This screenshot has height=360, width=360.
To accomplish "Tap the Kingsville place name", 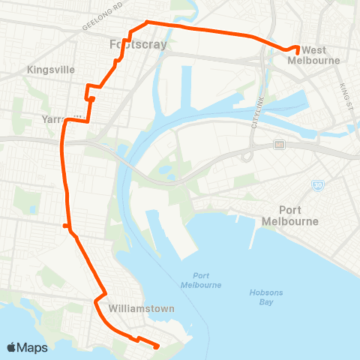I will pyautogui.click(x=51, y=69).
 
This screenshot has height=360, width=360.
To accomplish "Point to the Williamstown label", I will pyautogui.click(x=141, y=308).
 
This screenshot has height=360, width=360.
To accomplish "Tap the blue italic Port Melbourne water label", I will pyautogui.click(x=201, y=280).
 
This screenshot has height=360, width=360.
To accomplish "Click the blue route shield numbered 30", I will pyautogui.click(x=317, y=184).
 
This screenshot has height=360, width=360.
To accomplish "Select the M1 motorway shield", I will pyautogui.click(x=279, y=144).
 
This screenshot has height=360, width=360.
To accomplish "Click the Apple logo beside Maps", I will pyautogui.click(x=11, y=347).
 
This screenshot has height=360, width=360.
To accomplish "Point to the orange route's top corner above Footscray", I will pyautogui.click(x=146, y=22).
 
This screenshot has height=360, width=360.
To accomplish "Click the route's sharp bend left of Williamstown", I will pyautogui.click(x=95, y=301).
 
